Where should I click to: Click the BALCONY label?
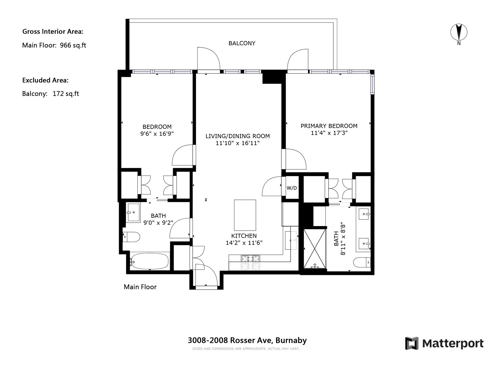pyautogui.click(x=242, y=43)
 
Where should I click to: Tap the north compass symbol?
pyautogui.click(x=459, y=33)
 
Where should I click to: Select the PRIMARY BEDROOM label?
pyautogui.click(x=329, y=126)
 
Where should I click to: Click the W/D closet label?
pyautogui.click(x=292, y=188)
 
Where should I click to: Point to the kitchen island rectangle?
pyautogui.click(x=245, y=215)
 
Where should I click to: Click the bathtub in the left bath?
pyautogui.click(x=150, y=261)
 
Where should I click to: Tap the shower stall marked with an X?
pyautogui.click(x=315, y=248)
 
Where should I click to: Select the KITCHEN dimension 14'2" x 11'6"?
pyautogui.click(x=244, y=243)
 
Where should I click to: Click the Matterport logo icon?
pyautogui.click(x=412, y=343)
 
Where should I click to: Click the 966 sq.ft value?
pyautogui.click(x=73, y=45)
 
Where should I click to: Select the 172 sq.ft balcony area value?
pyautogui.click(x=66, y=94)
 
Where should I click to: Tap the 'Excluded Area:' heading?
pyautogui.click(x=45, y=80)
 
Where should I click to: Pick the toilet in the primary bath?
pyautogui.click(x=362, y=262)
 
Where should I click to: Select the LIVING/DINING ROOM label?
pyautogui.click(x=238, y=136)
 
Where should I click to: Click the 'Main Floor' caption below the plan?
pyautogui.click(x=140, y=287)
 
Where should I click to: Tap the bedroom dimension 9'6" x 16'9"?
pyautogui.click(x=157, y=134)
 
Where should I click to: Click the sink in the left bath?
pyautogui.click(x=133, y=212)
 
